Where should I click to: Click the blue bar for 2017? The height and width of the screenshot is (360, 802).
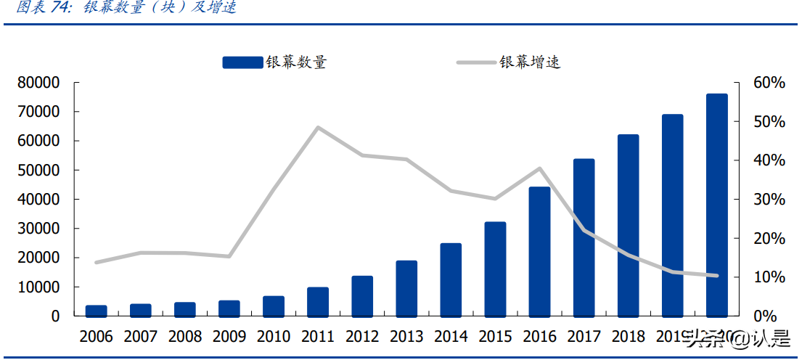point(584,237)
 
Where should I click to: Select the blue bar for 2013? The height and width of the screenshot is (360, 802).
point(407,288)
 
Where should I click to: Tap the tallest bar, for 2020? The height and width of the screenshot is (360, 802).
point(717,205)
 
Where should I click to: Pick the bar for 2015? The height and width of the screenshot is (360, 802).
point(496,269)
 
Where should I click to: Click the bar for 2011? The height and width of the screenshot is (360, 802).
point(318,301)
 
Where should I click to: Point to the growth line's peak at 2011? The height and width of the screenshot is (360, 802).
point(318,128)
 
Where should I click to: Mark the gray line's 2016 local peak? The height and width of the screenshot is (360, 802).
point(540,168)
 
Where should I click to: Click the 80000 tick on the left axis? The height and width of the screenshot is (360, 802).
point(38,83)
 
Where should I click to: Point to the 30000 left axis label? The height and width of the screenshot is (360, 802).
point(38,229)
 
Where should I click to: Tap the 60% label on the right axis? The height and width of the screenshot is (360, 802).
point(769,83)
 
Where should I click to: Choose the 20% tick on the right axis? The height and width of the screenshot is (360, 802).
point(769,238)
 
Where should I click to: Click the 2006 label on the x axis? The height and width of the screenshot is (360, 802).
point(97,337)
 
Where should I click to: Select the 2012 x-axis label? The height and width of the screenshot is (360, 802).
point(363,337)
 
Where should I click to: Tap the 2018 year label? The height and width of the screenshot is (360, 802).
point(629,337)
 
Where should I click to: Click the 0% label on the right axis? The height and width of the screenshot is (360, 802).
point(766,316)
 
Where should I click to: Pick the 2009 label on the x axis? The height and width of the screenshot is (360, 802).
point(229,337)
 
